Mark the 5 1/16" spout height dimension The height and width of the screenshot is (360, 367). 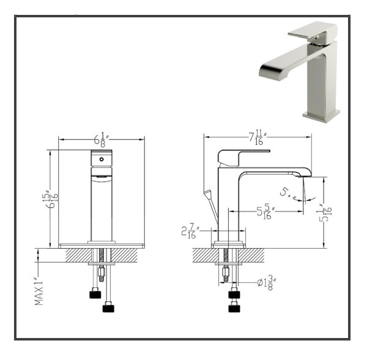pyautogui.click(x=328, y=213)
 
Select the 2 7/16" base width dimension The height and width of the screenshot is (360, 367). pyautogui.click(x=188, y=231)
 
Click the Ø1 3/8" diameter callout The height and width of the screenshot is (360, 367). pyautogui.click(x=265, y=282)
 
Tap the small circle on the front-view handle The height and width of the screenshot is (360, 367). pyautogui.click(x=102, y=158)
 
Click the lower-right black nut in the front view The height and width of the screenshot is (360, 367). pyautogui.click(x=109, y=306)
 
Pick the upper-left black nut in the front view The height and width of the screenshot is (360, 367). pyautogui.click(x=95, y=294)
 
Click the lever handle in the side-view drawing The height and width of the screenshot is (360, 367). pyautogui.click(x=235, y=156)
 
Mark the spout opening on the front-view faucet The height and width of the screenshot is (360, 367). pyautogui.click(x=102, y=177)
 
